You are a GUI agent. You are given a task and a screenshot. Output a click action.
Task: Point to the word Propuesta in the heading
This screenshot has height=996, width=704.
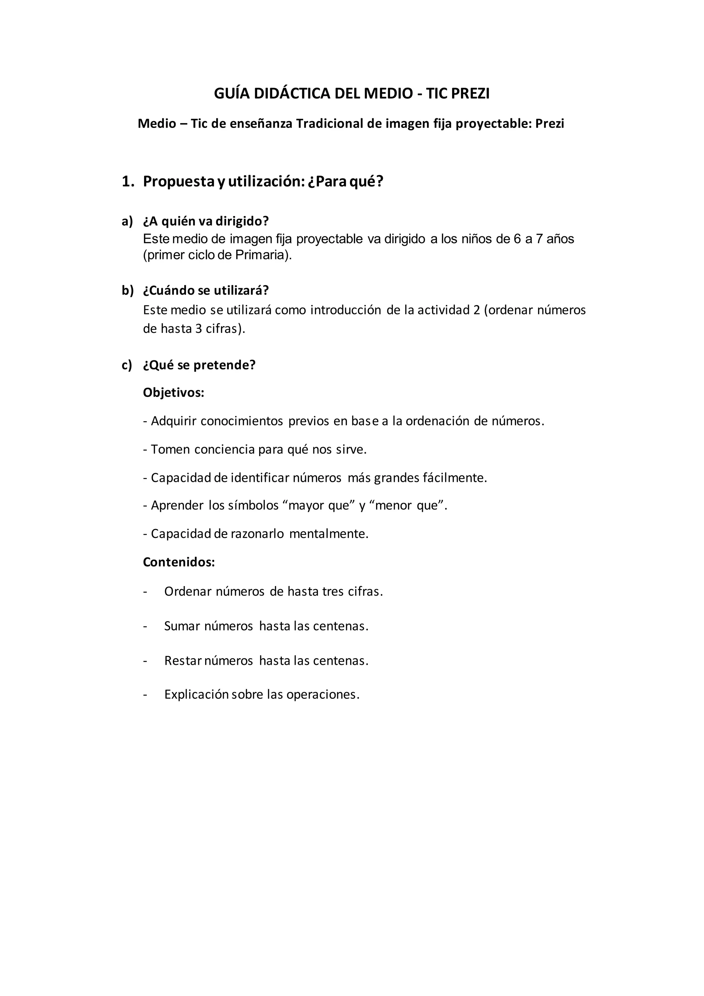pos(179,182)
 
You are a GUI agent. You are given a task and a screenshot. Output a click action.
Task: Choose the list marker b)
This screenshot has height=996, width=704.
pos(128,291)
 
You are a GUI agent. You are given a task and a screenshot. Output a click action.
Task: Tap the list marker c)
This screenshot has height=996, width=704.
pos(127,365)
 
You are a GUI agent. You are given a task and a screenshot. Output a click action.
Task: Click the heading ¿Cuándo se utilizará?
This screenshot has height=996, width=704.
pos(206,291)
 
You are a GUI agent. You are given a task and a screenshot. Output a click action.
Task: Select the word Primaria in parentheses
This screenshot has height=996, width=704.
pos(261,255)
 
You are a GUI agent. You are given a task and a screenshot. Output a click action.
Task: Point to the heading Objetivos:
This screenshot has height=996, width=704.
pos(173,393)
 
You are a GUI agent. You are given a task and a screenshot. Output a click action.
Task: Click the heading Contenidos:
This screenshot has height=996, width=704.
pos(179,562)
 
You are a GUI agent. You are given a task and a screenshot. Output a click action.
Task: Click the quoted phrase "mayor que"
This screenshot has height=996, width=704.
pos(319,506)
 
